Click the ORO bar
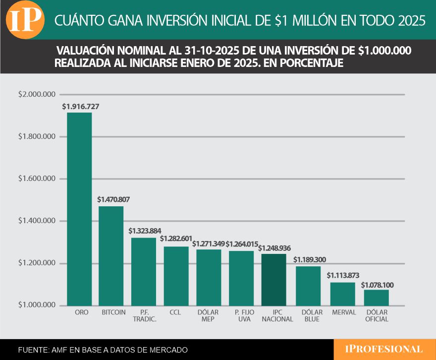[79, 208]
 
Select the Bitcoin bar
[111, 255]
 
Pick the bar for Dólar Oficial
[376, 297]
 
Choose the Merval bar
[343, 294]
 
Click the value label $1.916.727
[81, 106]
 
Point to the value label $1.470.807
[113, 200]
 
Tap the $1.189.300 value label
[310, 260]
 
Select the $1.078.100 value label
[378, 285]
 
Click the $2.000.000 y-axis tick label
[36, 94]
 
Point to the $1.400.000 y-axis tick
[36, 221]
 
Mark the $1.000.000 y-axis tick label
[36, 305]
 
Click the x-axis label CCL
[175, 312]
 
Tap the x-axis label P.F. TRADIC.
[144, 316]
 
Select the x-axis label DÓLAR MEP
[209, 316]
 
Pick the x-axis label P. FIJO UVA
[242, 316]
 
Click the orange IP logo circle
[25, 20]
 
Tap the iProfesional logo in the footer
[384, 349]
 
